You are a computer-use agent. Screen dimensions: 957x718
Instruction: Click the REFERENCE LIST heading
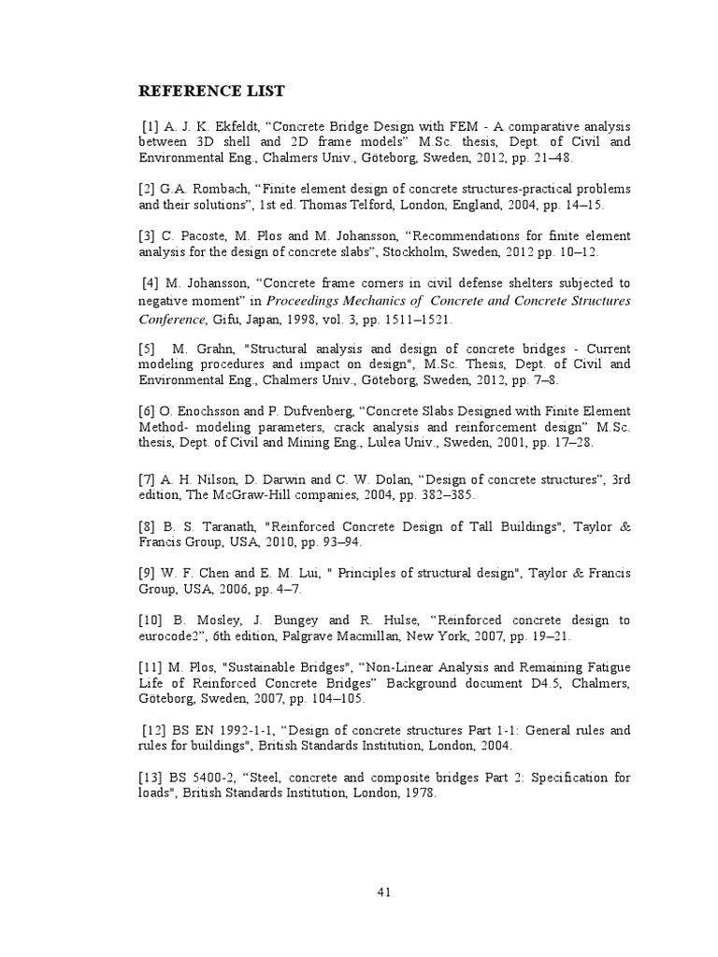click(x=211, y=92)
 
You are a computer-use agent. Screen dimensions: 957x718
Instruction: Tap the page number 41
click(x=383, y=892)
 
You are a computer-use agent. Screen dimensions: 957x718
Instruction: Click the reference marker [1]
click(x=151, y=125)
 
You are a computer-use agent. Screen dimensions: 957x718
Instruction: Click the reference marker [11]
click(x=151, y=667)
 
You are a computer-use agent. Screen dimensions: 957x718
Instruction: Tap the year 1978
click(x=418, y=793)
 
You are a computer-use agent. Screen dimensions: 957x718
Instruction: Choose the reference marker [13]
click(x=151, y=778)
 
